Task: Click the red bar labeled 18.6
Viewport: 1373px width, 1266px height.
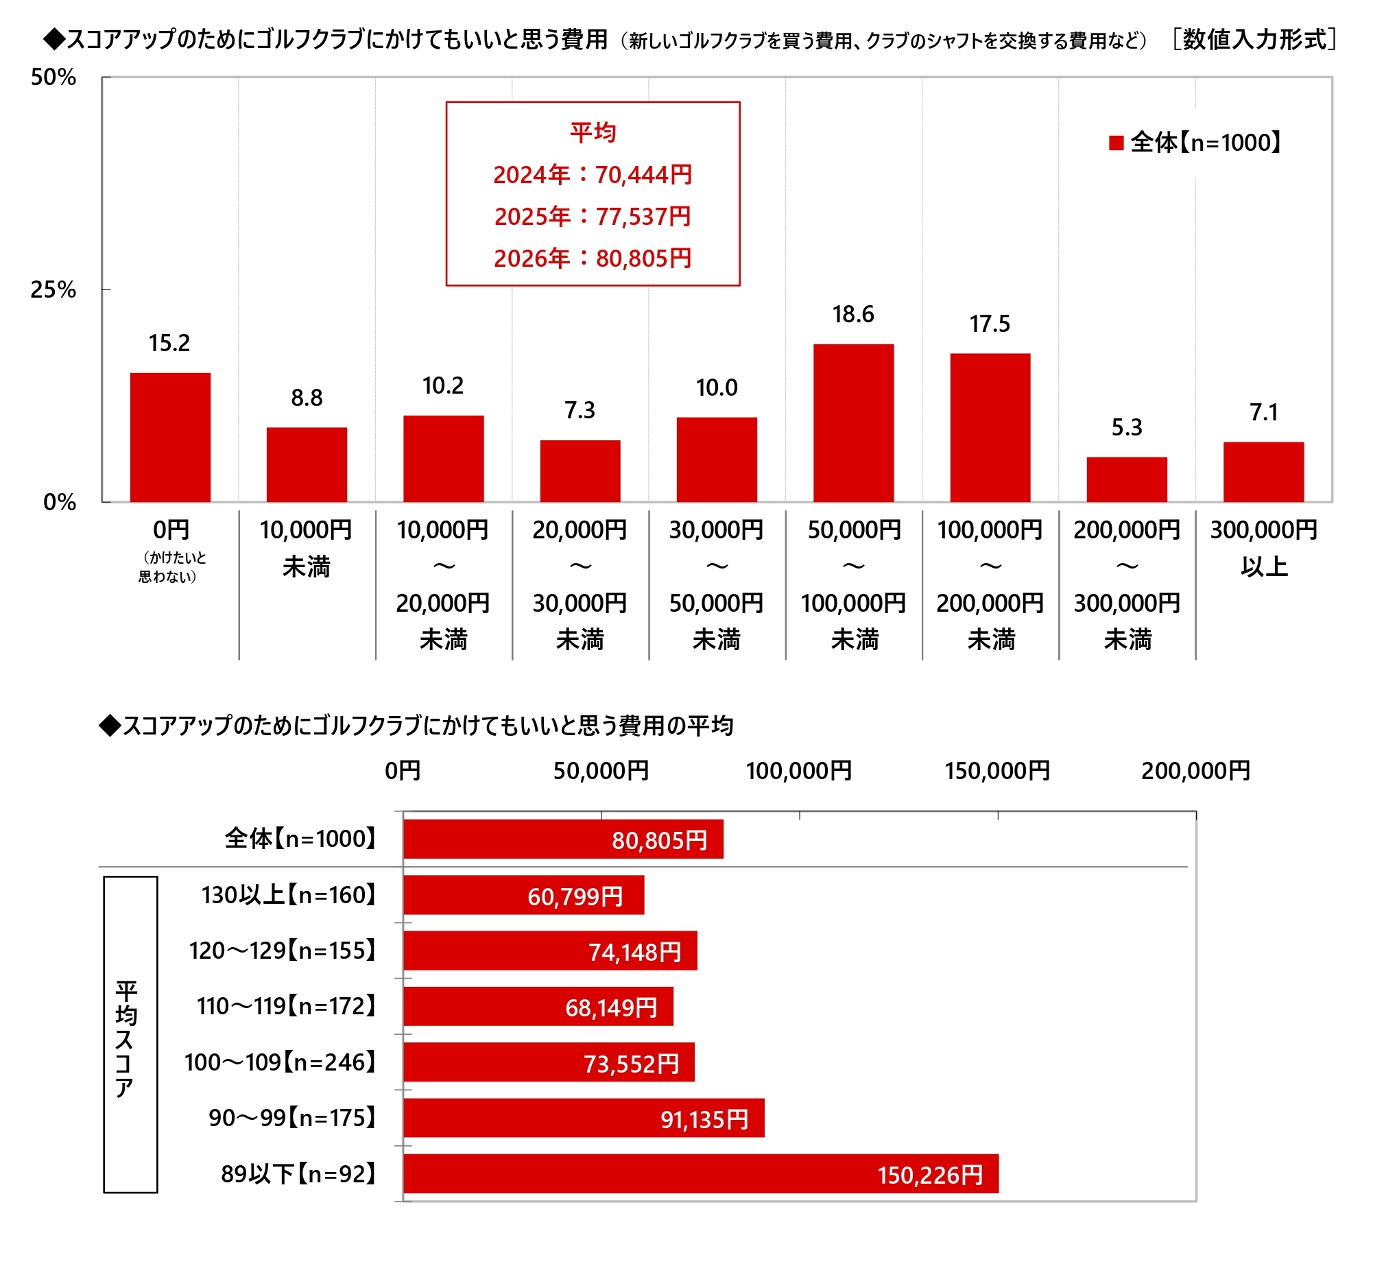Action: pyautogui.click(x=853, y=423)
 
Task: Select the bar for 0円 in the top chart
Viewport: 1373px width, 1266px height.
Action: pyautogui.click(x=170, y=438)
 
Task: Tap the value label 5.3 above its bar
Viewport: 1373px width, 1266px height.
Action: pyautogui.click(x=1127, y=428)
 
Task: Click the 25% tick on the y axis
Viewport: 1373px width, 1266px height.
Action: pyautogui.click(x=53, y=289)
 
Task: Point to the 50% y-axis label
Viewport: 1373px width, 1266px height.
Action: pyautogui.click(x=53, y=77)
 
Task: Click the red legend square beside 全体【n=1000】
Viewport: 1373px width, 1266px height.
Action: pyautogui.click(x=1116, y=143)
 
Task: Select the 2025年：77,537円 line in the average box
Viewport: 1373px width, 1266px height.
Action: pyautogui.click(x=593, y=217)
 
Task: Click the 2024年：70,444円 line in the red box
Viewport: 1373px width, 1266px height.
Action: pyautogui.click(x=593, y=175)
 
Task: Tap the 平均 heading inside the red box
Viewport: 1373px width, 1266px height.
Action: pyautogui.click(x=593, y=132)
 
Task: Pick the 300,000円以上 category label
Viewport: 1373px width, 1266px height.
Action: pyautogui.click(x=1263, y=548)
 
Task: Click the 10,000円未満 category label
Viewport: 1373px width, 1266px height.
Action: pyautogui.click(x=306, y=548)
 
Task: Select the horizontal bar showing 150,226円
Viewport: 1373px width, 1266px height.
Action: pyautogui.click(x=700, y=1174)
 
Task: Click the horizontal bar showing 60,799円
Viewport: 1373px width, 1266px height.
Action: pyautogui.click(x=523, y=895)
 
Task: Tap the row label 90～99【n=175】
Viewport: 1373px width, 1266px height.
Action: pyautogui.click(x=293, y=1119)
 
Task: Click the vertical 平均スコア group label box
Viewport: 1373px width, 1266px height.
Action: pyautogui.click(x=130, y=1034)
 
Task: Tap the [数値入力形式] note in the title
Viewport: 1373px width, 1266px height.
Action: pyautogui.click(x=1254, y=40)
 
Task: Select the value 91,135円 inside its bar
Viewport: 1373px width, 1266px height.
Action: pyautogui.click(x=704, y=1120)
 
